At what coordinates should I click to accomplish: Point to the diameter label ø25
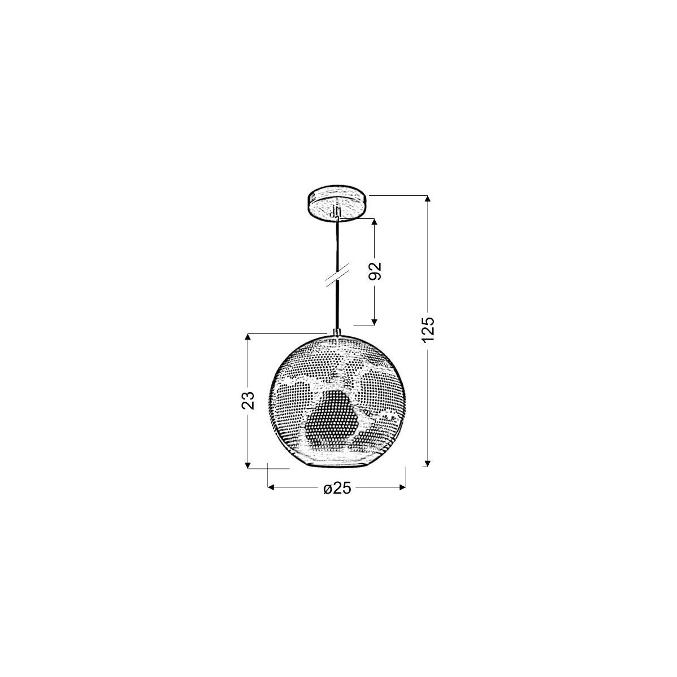(x=337, y=489)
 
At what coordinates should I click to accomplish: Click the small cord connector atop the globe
(x=337, y=333)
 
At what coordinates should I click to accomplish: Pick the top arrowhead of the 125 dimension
(x=428, y=200)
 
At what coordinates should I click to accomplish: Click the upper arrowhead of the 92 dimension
(x=373, y=221)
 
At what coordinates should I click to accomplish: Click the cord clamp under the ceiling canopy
(x=337, y=213)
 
